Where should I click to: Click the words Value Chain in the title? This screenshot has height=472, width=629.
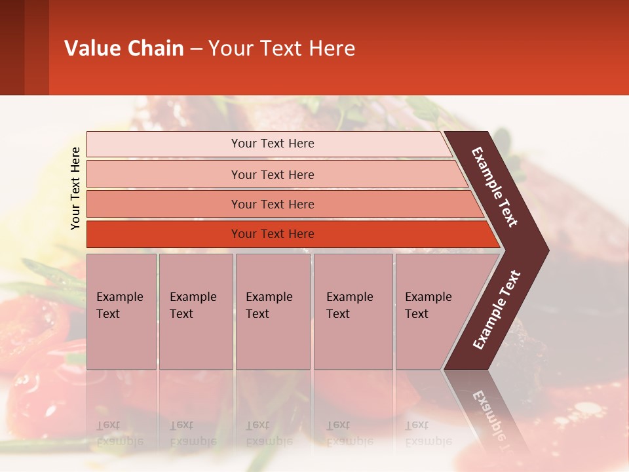point(124,49)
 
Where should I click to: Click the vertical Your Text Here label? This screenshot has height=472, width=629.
point(75,189)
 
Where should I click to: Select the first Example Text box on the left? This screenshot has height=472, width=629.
point(121,311)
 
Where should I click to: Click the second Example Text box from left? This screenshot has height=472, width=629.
point(195,311)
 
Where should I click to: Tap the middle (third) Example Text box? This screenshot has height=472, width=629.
point(273,311)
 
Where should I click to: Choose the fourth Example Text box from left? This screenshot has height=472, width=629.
point(353,311)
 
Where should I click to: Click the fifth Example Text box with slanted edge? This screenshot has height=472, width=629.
point(432,311)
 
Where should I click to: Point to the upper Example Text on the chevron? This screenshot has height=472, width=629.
point(495,187)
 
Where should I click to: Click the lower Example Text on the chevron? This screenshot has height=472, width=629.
point(497,310)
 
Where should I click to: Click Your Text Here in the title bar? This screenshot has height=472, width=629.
point(282,49)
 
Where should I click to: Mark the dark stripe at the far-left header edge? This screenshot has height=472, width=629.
point(12,47)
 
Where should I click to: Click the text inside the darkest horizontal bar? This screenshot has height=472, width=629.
point(273,234)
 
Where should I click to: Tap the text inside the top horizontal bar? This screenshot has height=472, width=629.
point(273,144)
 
